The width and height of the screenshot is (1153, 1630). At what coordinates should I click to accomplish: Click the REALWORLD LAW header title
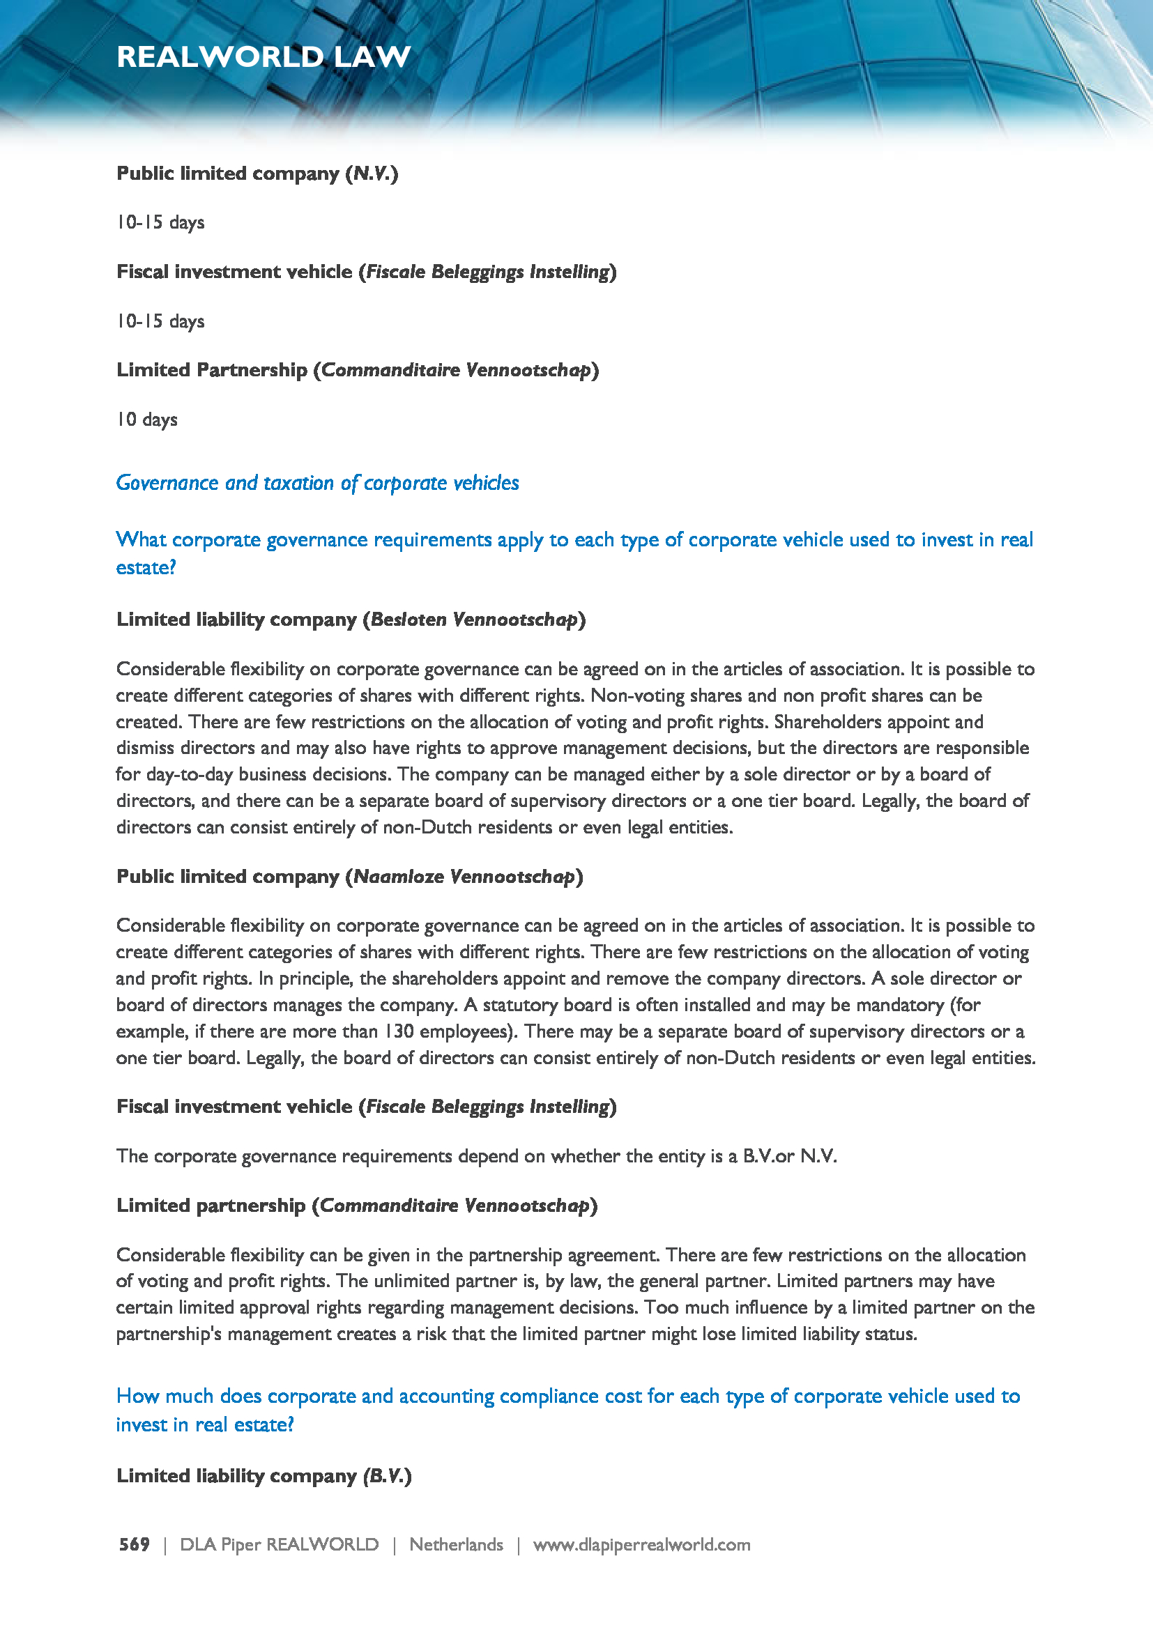(x=264, y=56)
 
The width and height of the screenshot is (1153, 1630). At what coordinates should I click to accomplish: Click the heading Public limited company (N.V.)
(x=257, y=174)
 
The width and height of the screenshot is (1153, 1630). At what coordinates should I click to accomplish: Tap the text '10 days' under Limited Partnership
(x=147, y=420)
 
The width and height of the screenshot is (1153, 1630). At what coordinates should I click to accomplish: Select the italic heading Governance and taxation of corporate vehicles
(x=317, y=483)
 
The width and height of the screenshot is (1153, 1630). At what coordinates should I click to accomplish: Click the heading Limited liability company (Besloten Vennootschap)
(x=351, y=620)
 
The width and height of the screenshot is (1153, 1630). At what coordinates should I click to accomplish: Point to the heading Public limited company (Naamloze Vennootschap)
(x=349, y=877)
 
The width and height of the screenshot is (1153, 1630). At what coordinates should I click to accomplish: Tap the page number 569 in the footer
(x=134, y=1545)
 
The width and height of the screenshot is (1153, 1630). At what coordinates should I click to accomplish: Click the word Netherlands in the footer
(x=456, y=1545)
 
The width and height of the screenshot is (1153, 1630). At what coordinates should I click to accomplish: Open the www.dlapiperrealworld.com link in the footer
(x=641, y=1545)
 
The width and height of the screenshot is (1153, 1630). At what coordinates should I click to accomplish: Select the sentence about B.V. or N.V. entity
(x=476, y=1157)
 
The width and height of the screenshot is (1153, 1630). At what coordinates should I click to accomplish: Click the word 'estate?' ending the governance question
(x=146, y=568)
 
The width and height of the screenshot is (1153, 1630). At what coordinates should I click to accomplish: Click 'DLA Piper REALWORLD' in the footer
(x=279, y=1545)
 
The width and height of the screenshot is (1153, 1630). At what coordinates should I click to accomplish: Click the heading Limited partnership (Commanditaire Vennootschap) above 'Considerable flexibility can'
(x=356, y=1206)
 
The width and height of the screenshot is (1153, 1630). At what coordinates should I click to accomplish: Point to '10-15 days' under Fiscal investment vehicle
(x=160, y=321)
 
